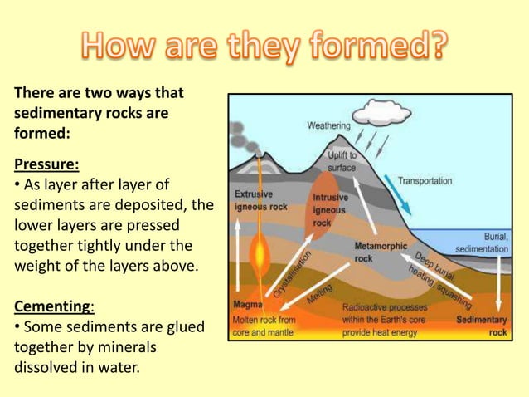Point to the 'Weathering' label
coord(328,126)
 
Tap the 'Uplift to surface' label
coord(341,160)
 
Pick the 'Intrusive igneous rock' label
coord(330,210)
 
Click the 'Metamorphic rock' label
coord(381,252)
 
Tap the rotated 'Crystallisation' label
coord(293,274)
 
